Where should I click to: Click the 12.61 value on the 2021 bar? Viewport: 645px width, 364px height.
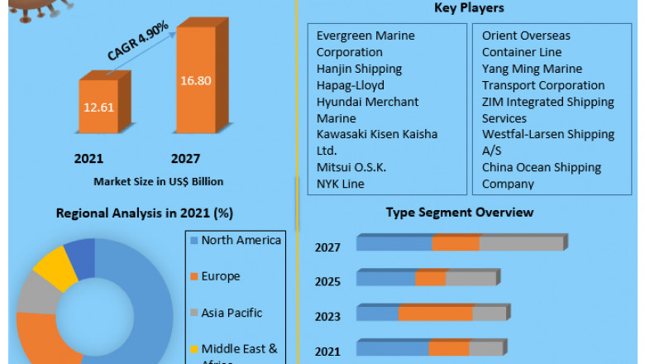[98, 107]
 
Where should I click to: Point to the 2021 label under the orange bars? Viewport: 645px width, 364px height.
[89, 159]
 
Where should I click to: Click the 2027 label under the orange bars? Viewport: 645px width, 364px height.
[185, 159]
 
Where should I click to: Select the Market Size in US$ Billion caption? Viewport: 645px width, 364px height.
[158, 181]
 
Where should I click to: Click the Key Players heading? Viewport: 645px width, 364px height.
[469, 8]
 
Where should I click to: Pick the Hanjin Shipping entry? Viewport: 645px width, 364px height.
[359, 69]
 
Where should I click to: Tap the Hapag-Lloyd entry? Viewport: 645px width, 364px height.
[351, 85]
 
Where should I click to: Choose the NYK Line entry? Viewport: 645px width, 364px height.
[341, 184]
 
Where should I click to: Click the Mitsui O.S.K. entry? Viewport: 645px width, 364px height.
[351, 167]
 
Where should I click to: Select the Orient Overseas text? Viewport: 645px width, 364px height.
[526, 36]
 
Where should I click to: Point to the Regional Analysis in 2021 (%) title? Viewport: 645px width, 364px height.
[145, 213]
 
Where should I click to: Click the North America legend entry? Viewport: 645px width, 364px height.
[241, 240]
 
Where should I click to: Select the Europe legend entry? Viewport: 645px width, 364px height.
[221, 276]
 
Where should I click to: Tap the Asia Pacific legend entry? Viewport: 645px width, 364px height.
[232, 313]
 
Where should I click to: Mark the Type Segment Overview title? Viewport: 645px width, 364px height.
[460, 213]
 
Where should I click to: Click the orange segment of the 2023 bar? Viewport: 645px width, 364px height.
[435, 314]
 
